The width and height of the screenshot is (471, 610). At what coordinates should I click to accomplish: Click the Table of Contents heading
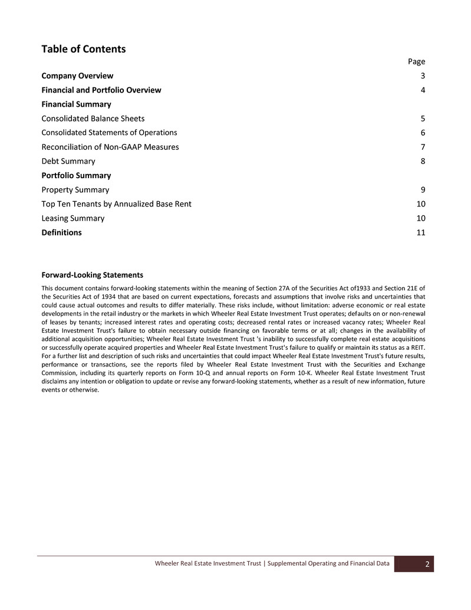[83, 49]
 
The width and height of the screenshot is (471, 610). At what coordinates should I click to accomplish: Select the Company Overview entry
[77, 76]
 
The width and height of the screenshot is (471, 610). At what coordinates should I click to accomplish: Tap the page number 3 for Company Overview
[423, 76]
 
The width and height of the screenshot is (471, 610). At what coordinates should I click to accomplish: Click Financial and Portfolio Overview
[101, 90]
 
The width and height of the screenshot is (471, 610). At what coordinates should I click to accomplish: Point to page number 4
[423, 90]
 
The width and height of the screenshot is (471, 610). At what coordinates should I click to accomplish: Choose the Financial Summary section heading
[76, 104]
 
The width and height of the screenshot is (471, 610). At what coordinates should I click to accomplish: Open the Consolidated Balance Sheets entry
[93, 118]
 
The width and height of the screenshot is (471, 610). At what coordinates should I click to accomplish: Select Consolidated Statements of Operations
[109, 132]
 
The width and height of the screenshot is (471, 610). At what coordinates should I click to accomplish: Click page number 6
[423, 133]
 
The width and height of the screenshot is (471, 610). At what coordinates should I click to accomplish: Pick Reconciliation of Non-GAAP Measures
[110, 147]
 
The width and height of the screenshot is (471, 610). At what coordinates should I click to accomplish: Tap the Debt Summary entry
[68, 161]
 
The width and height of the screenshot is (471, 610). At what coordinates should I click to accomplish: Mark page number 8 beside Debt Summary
[423, 161]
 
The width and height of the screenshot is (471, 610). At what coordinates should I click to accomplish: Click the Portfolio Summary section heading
[76, 175]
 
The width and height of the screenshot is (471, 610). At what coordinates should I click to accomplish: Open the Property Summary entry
[75, 189]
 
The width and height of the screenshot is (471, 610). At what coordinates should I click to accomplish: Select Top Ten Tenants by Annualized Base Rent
[116, 204]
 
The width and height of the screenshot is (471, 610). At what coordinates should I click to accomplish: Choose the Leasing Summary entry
[73, 218]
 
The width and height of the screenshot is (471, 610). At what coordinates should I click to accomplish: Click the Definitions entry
[61, 232]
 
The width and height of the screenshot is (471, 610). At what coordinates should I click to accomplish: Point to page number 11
[421, 232]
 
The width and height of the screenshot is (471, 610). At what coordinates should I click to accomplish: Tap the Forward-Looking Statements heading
[92, 275]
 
